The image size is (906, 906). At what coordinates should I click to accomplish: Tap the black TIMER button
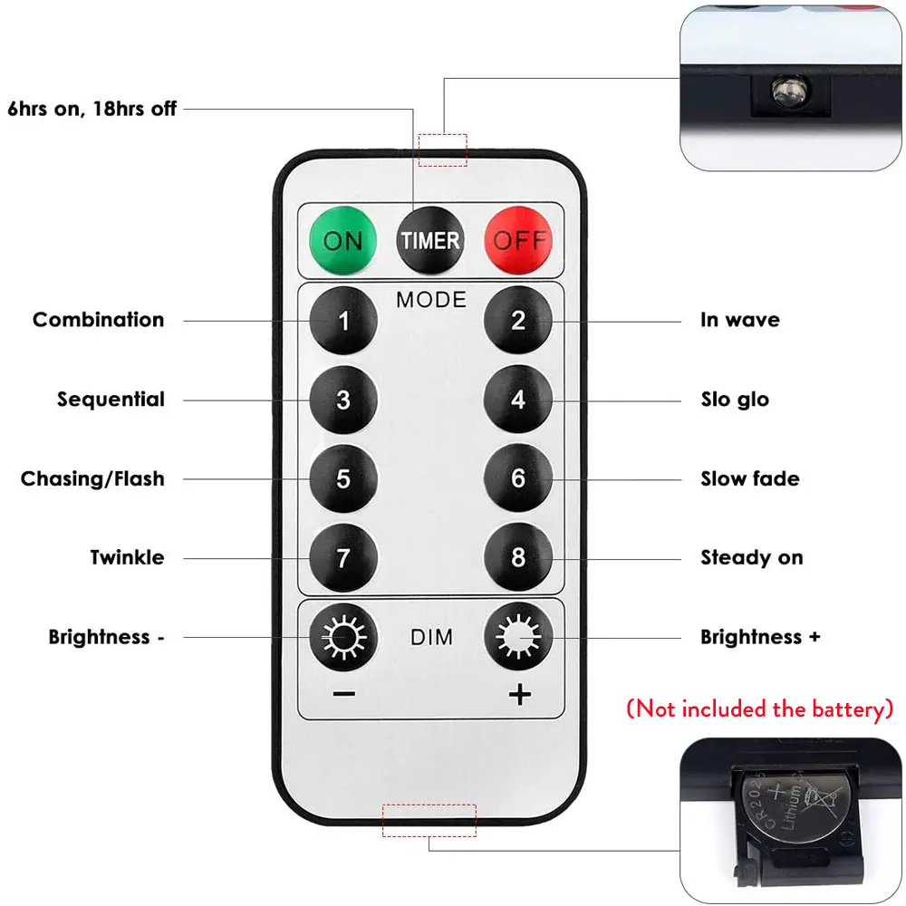pos(430,240)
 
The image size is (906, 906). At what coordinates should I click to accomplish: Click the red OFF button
pos(517,240)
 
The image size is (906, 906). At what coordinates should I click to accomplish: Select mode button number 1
pos(343,320)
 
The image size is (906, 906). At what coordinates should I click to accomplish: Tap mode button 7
pos(343,557)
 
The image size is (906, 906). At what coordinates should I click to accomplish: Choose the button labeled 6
pos(517,478)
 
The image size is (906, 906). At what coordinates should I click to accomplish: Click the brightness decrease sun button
pos(343,638)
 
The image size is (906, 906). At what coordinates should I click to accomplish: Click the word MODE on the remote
pos(430,299)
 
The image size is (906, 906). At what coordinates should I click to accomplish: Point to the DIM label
pos(430,638)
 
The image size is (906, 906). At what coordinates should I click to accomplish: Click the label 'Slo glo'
pos(734,400)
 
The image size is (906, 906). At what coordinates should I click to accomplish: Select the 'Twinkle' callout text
pos(127,557)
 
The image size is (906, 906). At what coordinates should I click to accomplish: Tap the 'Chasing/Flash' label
pos(92,478)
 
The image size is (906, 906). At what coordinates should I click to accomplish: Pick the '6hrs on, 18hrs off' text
pos(92,110)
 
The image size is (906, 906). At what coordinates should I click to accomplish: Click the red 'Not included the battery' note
pos(759,708)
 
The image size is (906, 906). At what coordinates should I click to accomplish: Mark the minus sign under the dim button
pos(343,695)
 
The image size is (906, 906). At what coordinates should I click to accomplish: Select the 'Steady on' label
pos(751,557)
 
